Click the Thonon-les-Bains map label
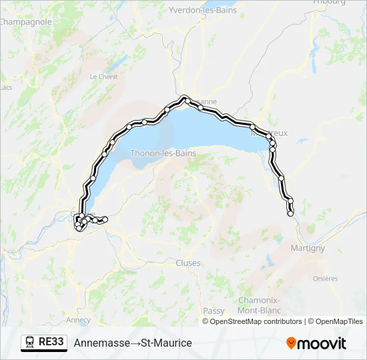pos(163,153)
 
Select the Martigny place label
pos(308,248)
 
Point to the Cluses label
pos(188,263)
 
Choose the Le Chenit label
pos(103,77)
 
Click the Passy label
pos(214,311)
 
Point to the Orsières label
pos(326,279)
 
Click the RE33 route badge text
pos(51,342)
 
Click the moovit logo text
pos(322,343)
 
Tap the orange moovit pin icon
pos(291,343)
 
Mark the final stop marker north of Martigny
pos(290,213)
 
